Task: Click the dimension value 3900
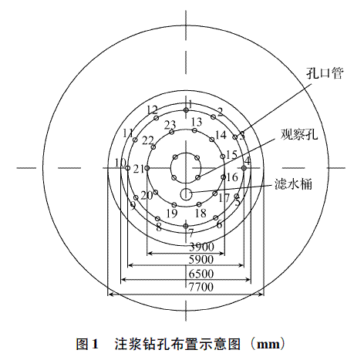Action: (201, 247)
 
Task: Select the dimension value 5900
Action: (201, 260)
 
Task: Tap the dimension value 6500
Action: (201, 274)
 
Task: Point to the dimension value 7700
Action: (201, 287)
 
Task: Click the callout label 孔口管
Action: (325, 73)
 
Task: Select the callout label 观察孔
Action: (299, 134)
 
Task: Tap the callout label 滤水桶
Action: (293, 184)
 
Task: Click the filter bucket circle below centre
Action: (186, 194)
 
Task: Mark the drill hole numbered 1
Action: (186, 110)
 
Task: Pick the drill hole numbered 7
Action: (186, 226)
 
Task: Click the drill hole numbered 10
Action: (128, 168)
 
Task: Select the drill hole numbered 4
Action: (244, 168)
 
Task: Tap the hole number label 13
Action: (197, 122)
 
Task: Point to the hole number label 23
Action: (170, 125)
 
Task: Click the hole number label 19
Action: (172, 213)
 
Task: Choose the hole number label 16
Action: (232, 177)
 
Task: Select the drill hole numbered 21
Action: (147, 168)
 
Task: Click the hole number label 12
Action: (152, 110)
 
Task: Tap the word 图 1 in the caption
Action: (87, 344)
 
